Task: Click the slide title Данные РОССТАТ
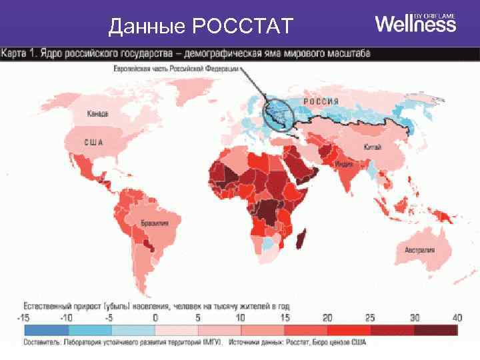[201, 27]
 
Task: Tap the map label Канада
[97, 114]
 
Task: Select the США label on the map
[93, 141]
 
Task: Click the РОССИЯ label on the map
[321, 101]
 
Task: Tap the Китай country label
[372, 147]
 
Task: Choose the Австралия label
[419, 250]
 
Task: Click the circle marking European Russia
[279, 113]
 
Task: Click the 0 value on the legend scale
[155, 318]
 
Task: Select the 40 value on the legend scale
[456, 318]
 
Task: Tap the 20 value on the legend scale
[327, 318]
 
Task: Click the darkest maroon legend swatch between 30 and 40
[435, 330]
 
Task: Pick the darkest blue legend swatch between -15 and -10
[46, 330]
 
